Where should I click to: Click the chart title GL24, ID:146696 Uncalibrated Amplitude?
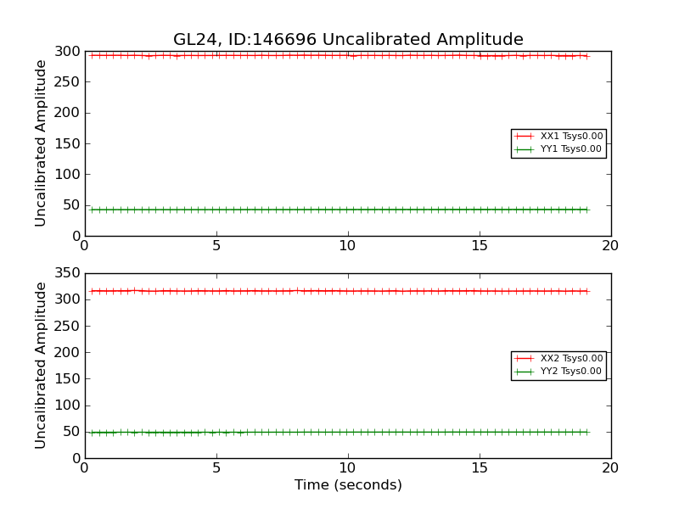348,40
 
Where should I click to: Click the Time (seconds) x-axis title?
348,485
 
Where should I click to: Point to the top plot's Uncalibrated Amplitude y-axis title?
41,143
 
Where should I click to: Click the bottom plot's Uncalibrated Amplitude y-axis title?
41,366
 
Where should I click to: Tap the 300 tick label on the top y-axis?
67,52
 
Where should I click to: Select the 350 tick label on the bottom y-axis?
67,274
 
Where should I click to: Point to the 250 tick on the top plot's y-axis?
67,82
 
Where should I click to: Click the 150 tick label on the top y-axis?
67,144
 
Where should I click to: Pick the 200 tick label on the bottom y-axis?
67,353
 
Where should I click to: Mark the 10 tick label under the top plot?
348,246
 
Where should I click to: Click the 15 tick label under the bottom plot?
480,468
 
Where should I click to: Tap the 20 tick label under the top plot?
610,246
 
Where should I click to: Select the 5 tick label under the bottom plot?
216,468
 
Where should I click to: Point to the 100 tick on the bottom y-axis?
67,406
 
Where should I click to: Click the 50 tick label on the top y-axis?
71,205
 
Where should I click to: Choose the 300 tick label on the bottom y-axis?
67,300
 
